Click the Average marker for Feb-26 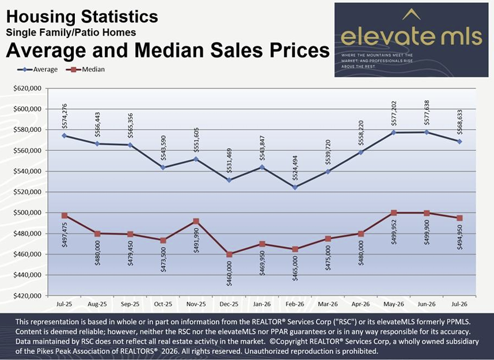point(295,187)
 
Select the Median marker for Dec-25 point(229,255)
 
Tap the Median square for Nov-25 point(196,221)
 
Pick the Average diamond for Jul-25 point(64,135)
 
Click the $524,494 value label point(295,168)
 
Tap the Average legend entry point(37,69)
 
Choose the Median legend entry point(86,69)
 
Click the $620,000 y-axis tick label point(28,88)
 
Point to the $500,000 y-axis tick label point(28,213)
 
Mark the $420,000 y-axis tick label point(28,295)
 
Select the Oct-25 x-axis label point(163,304)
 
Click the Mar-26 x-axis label point(328,304)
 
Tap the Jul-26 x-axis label point(459,304)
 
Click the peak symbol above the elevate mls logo point(412,14)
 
